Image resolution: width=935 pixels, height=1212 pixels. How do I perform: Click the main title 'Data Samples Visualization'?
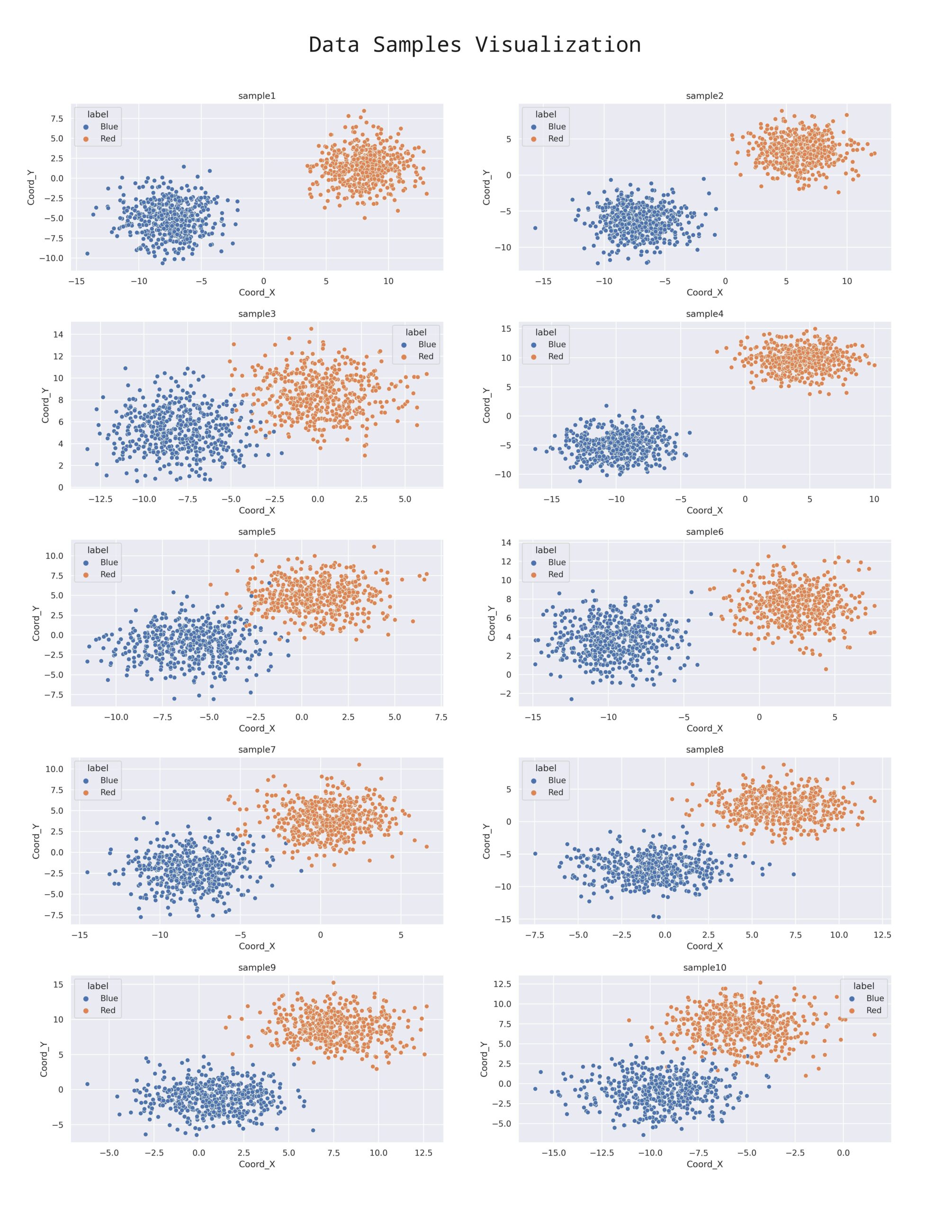pos(475,45)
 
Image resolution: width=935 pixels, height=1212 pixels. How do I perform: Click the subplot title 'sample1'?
pos(257,96)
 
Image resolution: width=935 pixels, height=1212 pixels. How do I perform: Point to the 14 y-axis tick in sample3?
pos(58,335)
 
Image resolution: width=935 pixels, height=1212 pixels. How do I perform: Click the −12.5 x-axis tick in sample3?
pos(100,499)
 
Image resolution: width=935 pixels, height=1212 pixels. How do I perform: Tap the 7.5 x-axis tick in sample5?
pos(441,717)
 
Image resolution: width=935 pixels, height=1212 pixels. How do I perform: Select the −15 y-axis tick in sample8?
pos(503,919)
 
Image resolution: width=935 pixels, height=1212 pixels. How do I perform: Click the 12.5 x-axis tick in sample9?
pos(423,1153)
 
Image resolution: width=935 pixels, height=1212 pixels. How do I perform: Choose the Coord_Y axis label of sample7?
pos(36,841)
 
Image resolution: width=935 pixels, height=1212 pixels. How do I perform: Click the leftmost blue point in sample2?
pos(535,228)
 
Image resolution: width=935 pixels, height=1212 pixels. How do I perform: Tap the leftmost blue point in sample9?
pos(87,1084)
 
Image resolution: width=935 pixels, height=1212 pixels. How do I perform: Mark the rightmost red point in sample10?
pos(874,1034)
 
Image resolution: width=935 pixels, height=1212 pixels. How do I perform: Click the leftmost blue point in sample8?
pos(535,854)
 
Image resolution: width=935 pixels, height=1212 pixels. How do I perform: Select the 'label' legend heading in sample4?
pos(545,332)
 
